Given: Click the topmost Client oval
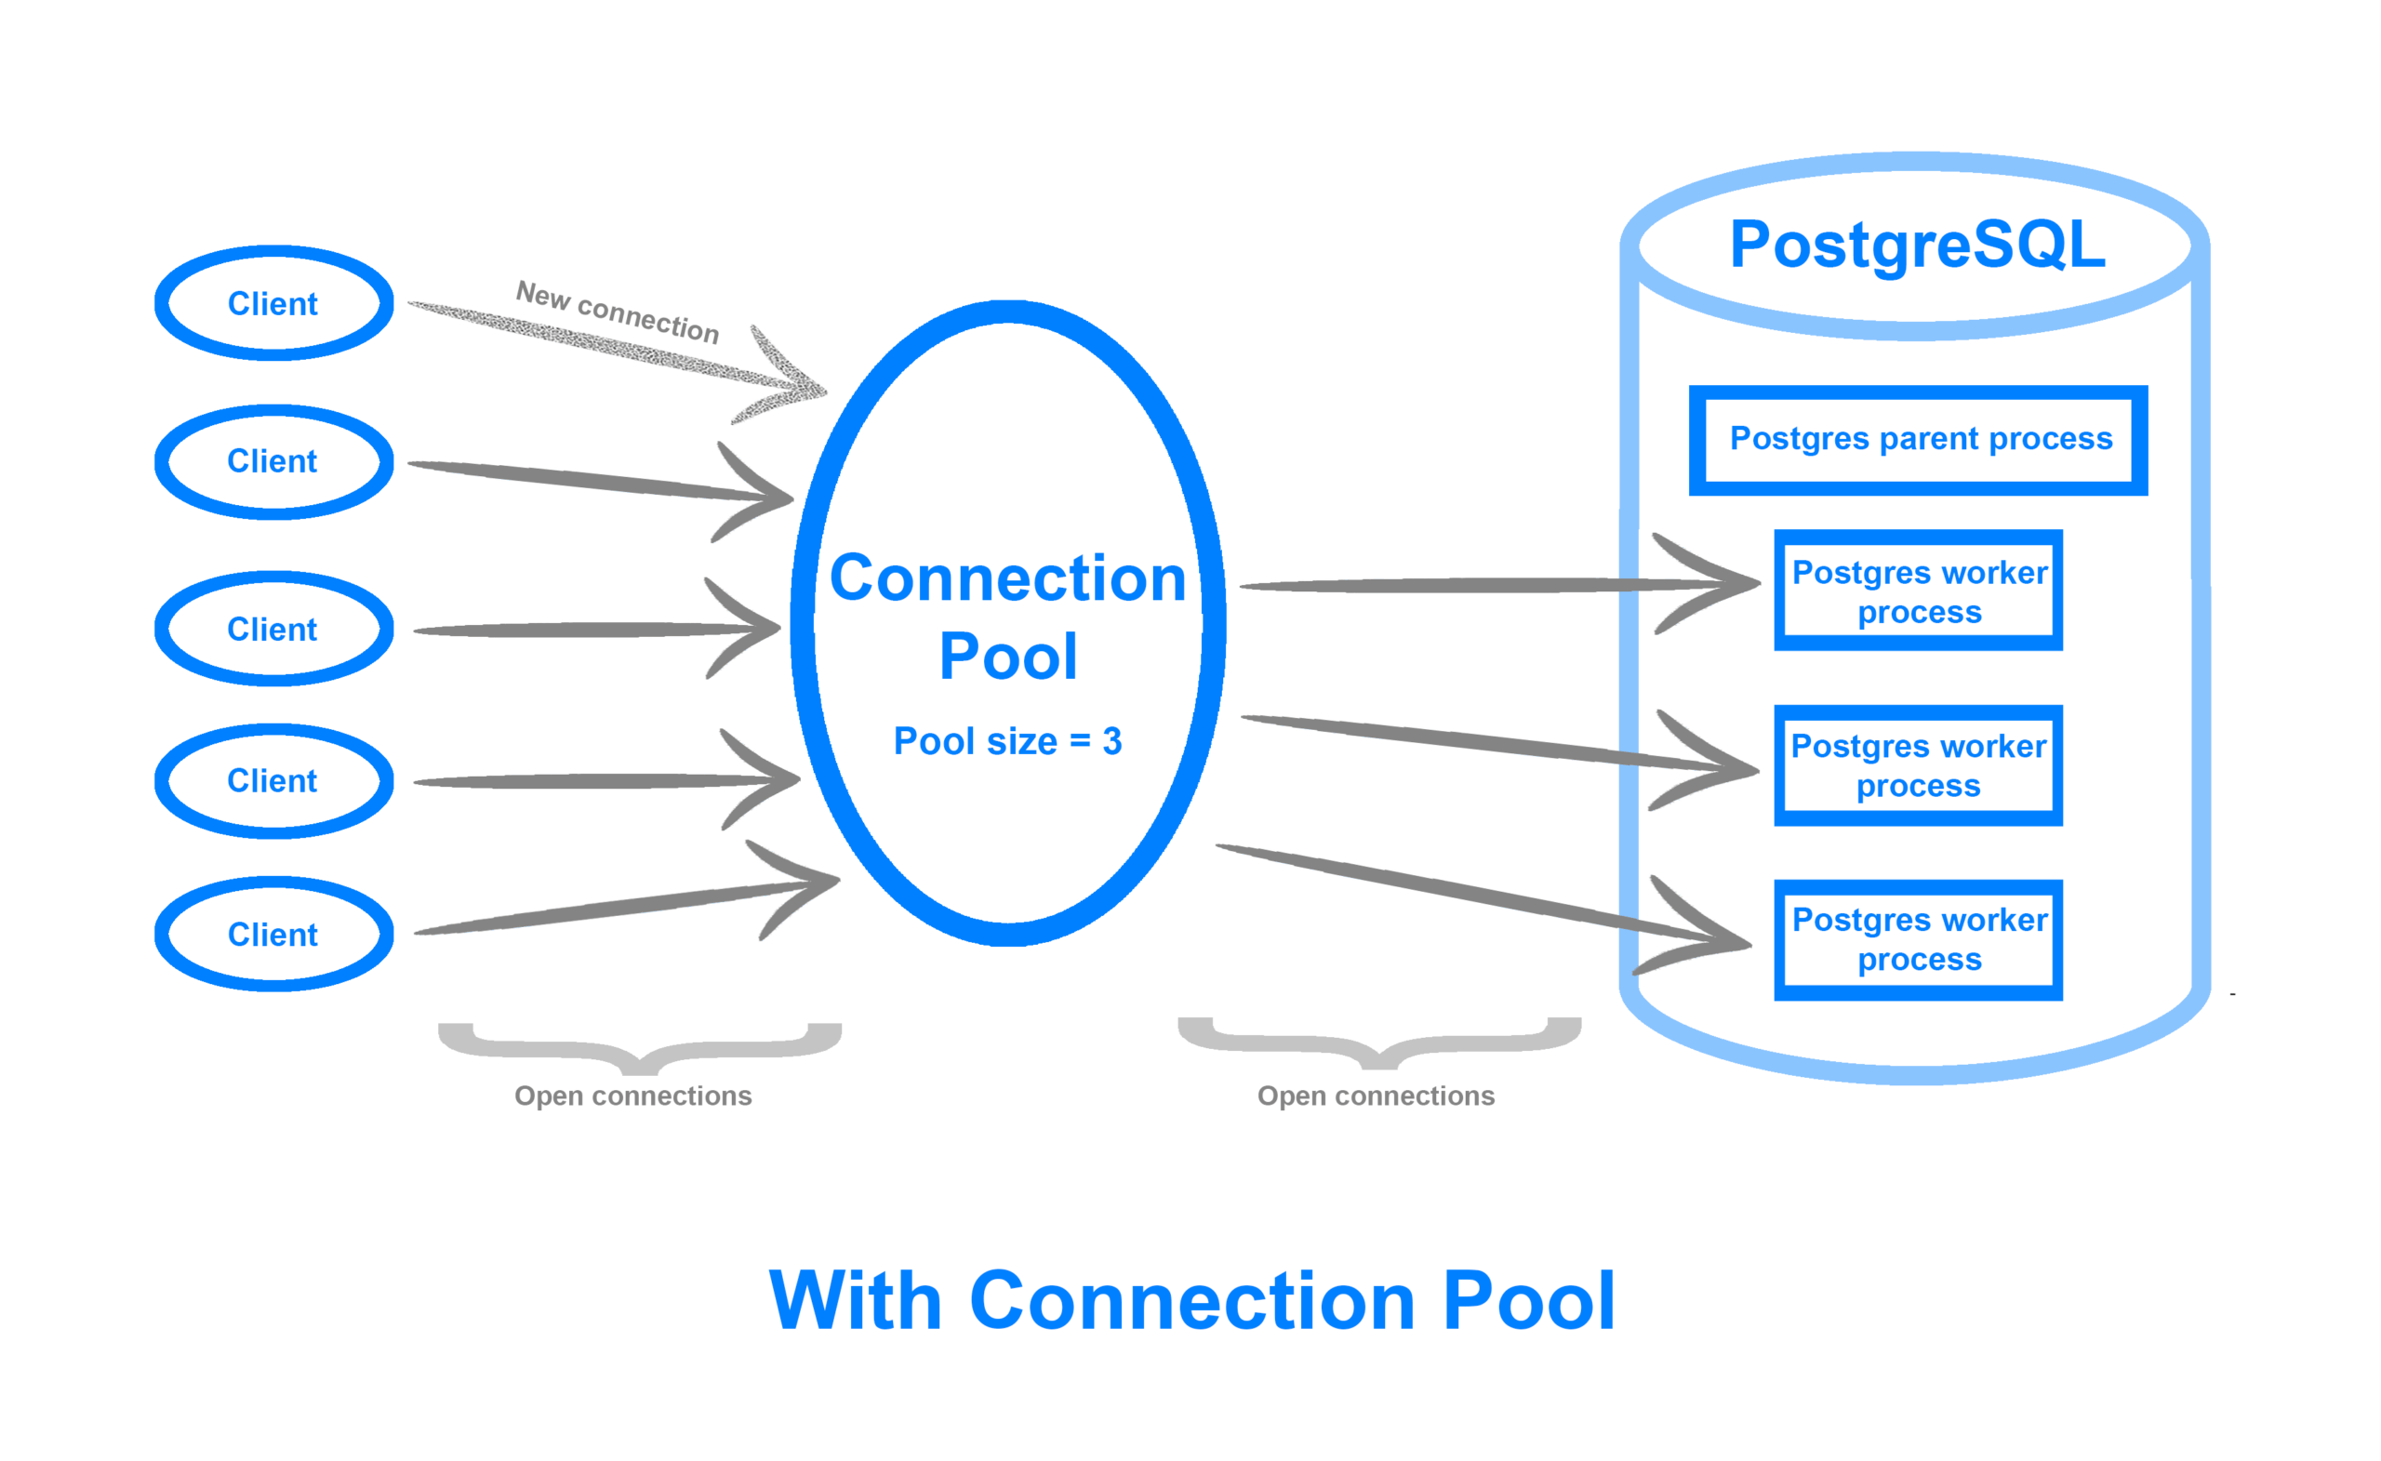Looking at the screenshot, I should [x=273, y=303].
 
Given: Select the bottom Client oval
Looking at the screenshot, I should [x=273, y=935].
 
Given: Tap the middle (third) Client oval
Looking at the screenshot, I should [x=273, y=629].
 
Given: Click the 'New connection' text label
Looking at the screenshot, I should [x=618, y=312].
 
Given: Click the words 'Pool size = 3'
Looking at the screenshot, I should [x=1007, y=741].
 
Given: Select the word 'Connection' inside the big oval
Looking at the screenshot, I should [x=1007, y=578].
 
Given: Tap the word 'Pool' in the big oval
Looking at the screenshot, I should [x=1007, y=657].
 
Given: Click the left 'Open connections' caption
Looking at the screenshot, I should [x=633, y=1096].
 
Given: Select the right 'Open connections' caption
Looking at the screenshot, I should [x=1375, y=1096].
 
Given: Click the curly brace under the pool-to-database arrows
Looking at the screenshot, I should [x=1380, y=1044].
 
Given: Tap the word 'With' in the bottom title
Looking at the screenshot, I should [x=854, y=1302].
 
